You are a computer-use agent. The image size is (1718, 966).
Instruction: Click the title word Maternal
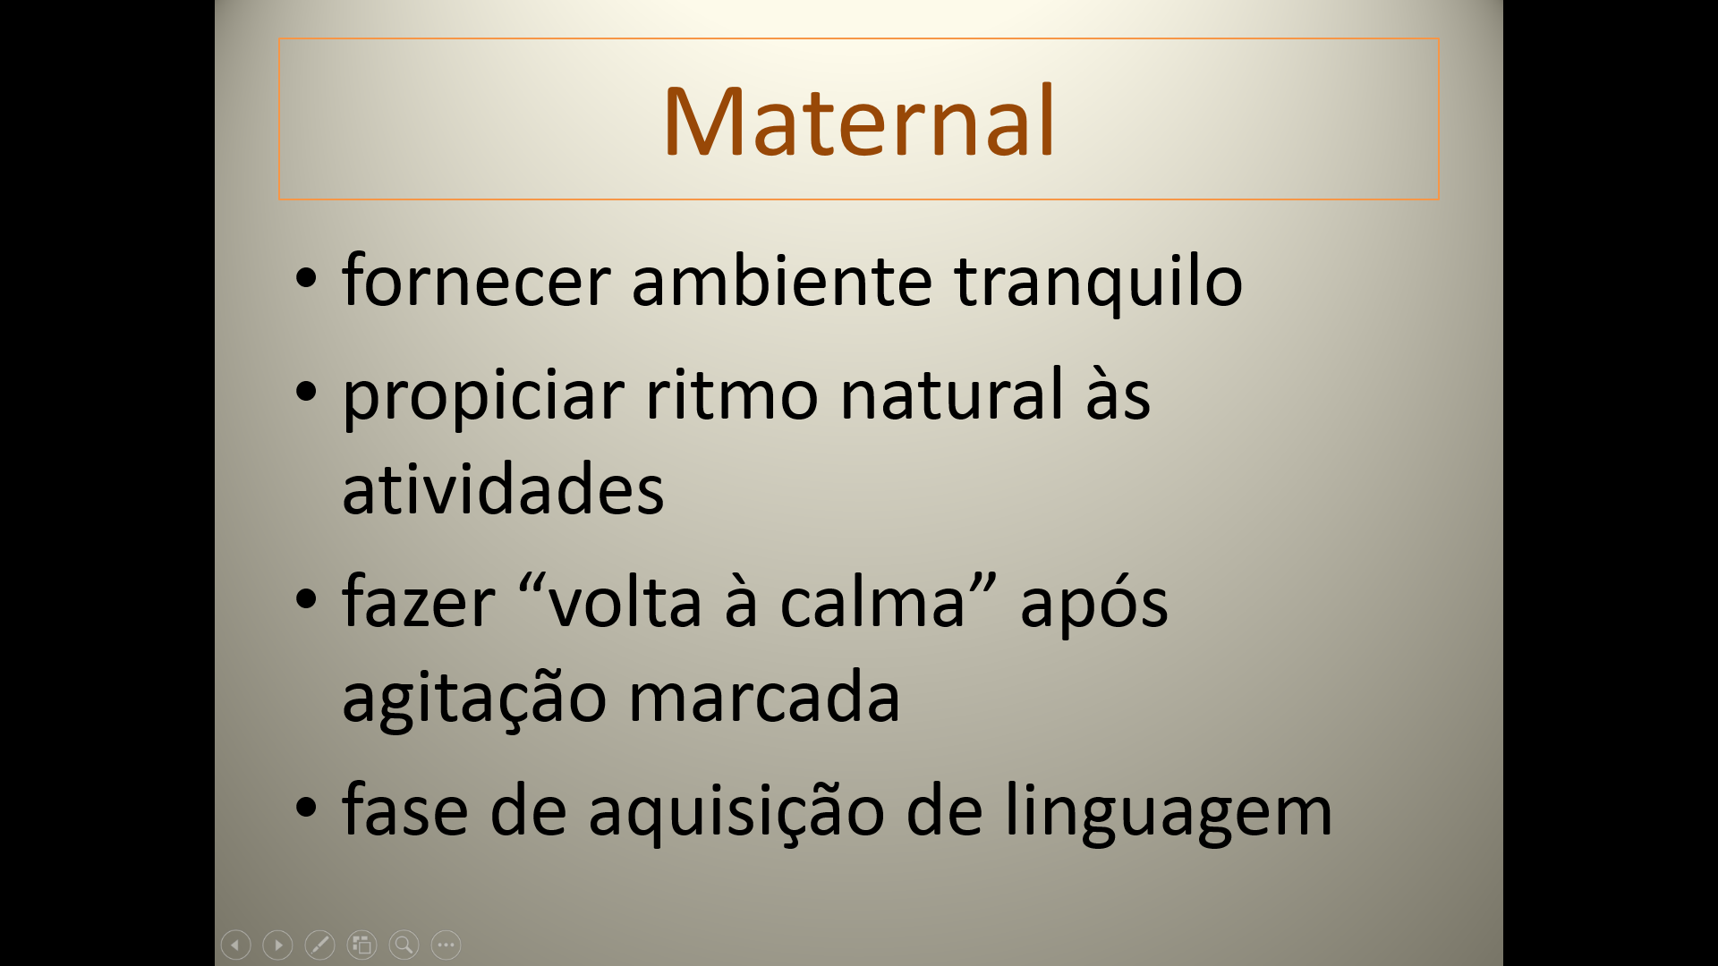click(x=859, y=121)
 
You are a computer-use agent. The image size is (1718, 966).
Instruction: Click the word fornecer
click(x=476, y=280)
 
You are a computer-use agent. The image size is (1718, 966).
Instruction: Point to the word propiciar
click(x=483, y=397)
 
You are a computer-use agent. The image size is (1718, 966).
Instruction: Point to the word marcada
click(x=764, y=695)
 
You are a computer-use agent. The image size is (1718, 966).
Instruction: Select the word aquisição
click(x=736, y=810)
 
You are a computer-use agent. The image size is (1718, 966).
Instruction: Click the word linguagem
click(x=1169, y=810)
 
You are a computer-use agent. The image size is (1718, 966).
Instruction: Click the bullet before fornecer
click(x=306, y=278)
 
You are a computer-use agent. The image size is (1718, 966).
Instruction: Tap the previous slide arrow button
click(x=236, y=945)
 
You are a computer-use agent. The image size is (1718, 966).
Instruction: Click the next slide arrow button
click(x=278, y=945)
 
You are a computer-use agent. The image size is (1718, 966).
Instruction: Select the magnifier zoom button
click(x=404, y=945)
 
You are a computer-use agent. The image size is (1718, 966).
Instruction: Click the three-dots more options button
click(x=447, y=945)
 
